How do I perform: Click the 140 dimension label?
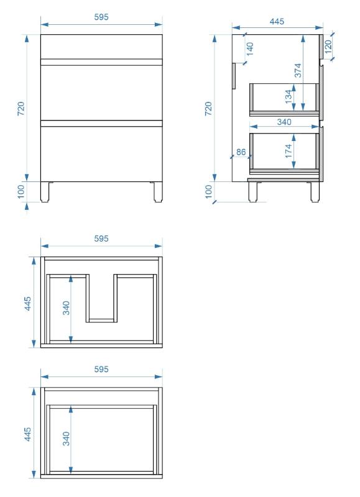(x=249, y=49)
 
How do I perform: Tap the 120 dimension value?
(x=328, y=46)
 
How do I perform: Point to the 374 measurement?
(x=298, y=70)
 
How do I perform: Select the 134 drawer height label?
(x=288, y=96)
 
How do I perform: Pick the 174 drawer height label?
(x=288, y=151)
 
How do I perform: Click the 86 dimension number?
(x=241, y=152)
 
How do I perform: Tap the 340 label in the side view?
(x=284, y=122)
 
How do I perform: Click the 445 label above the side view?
(x=277, y=21)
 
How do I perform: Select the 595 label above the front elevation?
(x=101, y=17)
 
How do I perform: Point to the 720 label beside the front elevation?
(x=21, y=108)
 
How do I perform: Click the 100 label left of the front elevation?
(x=21, y=192)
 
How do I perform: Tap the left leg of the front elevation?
(x=45, y=192)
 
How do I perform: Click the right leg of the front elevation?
(x=158, y=192)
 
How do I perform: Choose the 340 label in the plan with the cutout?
(x=66, y=308)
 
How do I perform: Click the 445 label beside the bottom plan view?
(x=28, y=434)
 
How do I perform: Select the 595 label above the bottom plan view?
(x=101, y=369)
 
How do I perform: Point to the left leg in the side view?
(x=253, y=192)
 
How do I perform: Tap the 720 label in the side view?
(x=208, y=108)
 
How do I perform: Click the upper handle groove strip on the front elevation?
(x=101, y=62)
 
